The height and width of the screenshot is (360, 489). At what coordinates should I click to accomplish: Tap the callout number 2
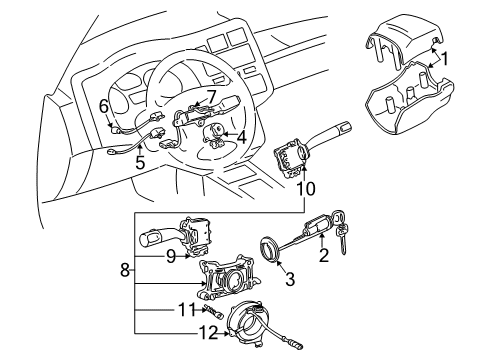[x=323, y=257]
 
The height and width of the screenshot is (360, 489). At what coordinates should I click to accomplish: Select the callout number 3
[x=289, y=281]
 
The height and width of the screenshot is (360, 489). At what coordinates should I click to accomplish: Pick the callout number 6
[x=103, y=105]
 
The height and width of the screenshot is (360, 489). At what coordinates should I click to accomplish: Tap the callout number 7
[x=210, y=96]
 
